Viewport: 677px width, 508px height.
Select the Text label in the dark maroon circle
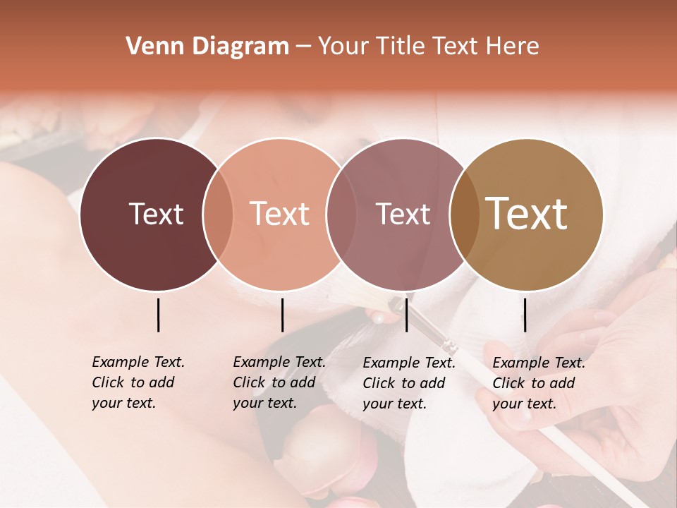pos(156,214)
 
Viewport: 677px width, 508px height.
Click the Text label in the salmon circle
pos(279,214)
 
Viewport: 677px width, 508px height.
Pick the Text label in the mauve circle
pos(403,214)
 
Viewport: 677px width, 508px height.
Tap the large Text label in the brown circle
pos(527,214)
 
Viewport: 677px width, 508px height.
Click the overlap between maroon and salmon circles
pos(218,214)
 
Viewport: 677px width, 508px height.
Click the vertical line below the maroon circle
pos(158,315)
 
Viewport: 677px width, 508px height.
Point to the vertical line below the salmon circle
pos(282,315)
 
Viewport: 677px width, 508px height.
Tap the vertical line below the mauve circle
pos(406,315)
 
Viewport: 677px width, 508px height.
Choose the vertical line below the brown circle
pos(525,315)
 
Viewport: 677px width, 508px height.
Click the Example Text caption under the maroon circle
pos(138,382)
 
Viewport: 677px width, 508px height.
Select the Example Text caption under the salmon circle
pos(279,382)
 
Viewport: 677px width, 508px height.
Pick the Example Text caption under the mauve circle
pos(408,383)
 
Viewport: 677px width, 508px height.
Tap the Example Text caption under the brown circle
pos(538,383)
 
